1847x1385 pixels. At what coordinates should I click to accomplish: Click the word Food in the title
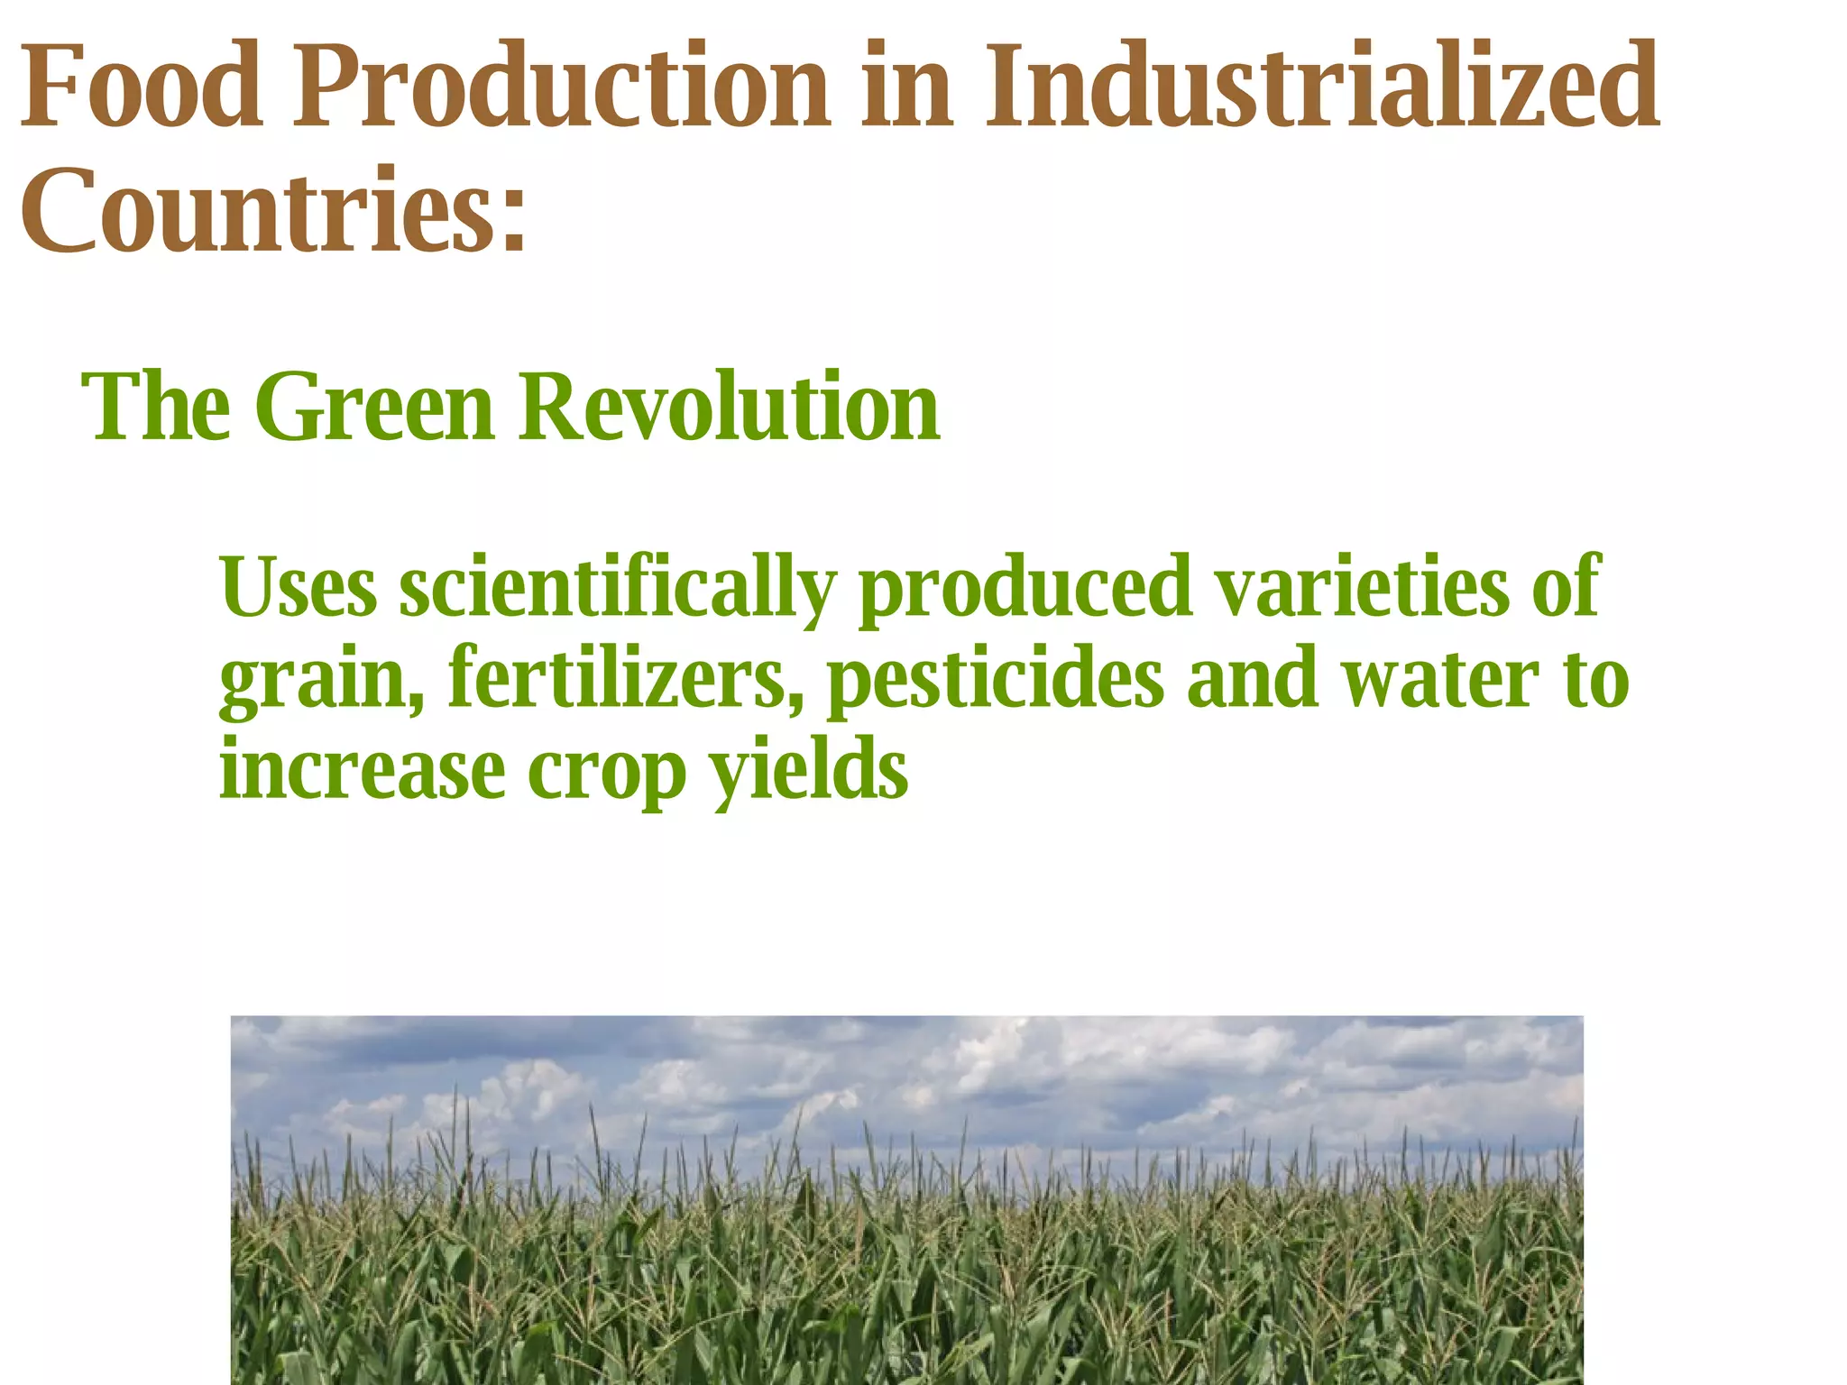(142, 87)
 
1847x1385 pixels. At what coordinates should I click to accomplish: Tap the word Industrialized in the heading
(1321, 87)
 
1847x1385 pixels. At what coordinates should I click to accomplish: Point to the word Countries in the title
(257, 212)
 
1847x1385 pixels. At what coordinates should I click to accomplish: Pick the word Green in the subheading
(375, 408)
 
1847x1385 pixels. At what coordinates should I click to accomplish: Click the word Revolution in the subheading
(729, 408)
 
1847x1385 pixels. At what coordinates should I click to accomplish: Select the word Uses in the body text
(299, 588)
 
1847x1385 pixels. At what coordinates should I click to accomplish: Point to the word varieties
(1362, 588)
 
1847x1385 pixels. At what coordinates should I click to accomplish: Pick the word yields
(808, 771)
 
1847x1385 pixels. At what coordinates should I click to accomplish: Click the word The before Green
(156, 408)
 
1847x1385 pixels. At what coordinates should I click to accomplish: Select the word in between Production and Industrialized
(906, 87)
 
